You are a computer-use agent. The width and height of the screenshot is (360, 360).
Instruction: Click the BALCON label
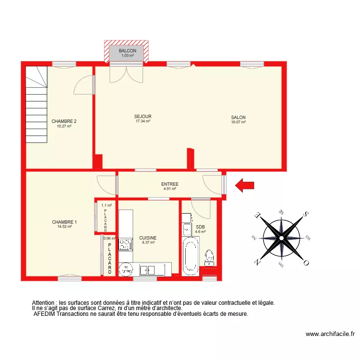pos(128,51)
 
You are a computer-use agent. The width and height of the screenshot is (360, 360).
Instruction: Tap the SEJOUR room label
pos(143,117)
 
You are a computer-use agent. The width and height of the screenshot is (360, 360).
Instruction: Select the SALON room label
pos(238,118)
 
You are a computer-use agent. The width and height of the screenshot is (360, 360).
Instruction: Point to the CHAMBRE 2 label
pos(64,121)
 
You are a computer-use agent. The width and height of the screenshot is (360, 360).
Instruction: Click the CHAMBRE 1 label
pos(64,222)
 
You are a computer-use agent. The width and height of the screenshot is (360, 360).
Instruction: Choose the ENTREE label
pos(170,184)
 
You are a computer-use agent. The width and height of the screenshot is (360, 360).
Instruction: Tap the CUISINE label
pos(148,238)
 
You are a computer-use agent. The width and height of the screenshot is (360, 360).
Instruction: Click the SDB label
pos(200,227)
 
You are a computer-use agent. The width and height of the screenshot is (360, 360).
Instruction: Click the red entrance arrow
pos(245,185)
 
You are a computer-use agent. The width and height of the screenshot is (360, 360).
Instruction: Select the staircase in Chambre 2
pos(37,105)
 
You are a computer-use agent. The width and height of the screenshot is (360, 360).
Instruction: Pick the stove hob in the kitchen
pos(126,245)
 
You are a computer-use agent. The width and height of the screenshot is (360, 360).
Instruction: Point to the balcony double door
pos(126,73)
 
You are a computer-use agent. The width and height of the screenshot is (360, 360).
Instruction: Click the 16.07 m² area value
pos(238,122)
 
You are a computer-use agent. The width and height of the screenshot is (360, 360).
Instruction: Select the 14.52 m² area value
pos(64,227)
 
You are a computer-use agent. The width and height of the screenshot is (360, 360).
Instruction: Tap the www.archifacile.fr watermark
pos(330,334)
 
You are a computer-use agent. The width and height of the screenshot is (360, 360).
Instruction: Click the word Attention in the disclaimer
pos(44,303)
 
